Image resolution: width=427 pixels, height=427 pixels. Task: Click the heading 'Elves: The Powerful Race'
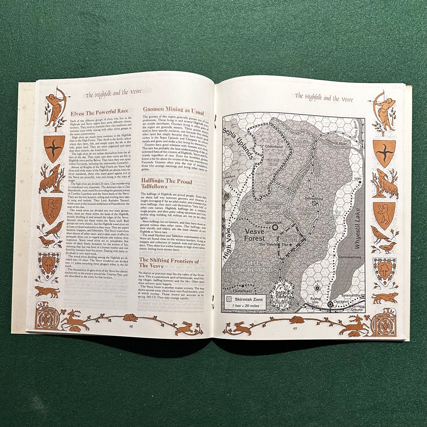pyautogui.click(x=99, y=111)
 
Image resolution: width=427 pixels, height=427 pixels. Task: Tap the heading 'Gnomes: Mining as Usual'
pyautogui.click(x=173, y=111)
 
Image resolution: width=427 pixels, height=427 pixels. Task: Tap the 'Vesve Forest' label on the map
pyautogui.click(x=254, y=235)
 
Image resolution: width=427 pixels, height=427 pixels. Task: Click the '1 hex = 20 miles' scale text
pyautogui.click(x=246, y=306)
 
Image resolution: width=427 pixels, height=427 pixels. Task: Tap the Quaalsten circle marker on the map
pyautogui.click(x=275, y=227)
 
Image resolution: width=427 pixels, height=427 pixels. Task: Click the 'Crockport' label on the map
pyautogui.click(x=341, y=301)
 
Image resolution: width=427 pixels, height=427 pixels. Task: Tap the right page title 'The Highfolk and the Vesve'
pyautogui.click(x=324, y=97)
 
